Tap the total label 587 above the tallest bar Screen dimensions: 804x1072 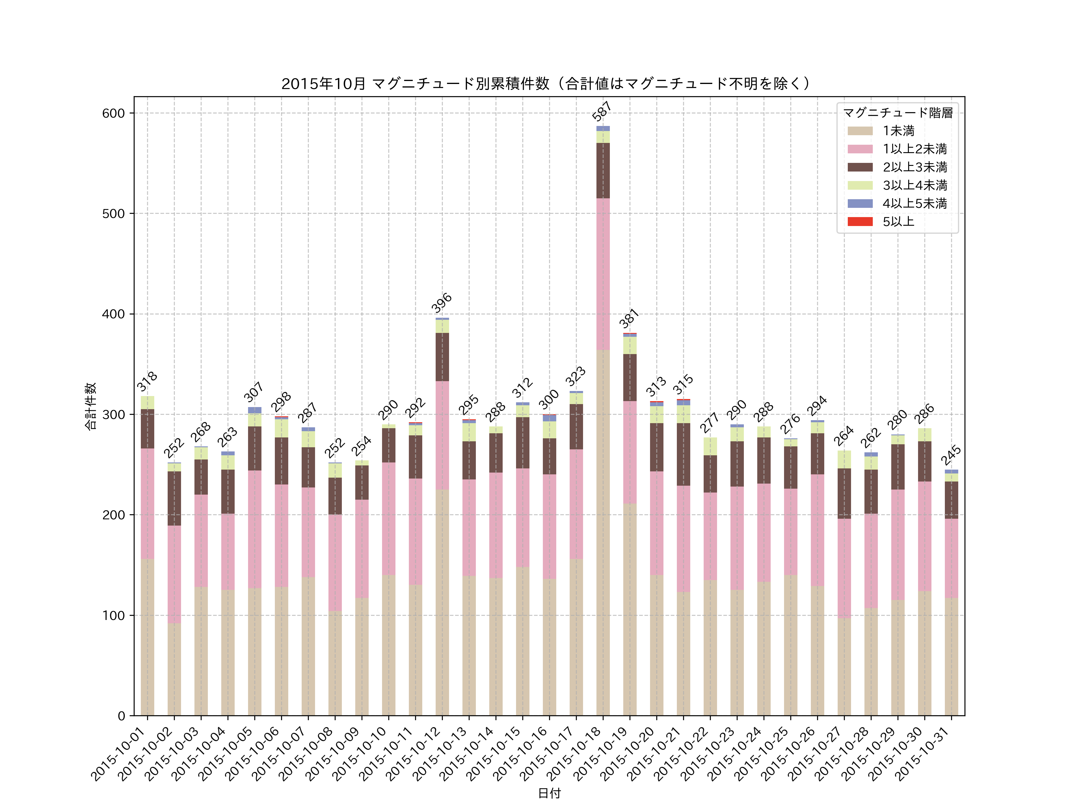[602, 111]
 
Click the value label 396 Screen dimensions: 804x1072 [442, 303]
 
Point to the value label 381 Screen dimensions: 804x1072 [629, 318]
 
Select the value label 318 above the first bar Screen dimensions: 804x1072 [147, 381]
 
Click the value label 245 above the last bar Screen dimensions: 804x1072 [951, 455]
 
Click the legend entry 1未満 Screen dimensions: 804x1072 [898, 131]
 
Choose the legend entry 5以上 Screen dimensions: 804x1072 [898, 222]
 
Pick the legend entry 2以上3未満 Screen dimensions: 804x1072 [914, 167]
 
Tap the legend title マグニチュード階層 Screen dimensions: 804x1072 [898, 113]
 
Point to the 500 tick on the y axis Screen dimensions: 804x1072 [113, 214]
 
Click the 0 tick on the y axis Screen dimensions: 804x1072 [121, 716]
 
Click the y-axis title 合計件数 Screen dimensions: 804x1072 [91, 406]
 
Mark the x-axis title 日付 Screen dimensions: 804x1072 [549, 793]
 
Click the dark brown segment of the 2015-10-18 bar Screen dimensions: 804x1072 [603, 171]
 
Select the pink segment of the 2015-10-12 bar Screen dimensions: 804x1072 [442, 435]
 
